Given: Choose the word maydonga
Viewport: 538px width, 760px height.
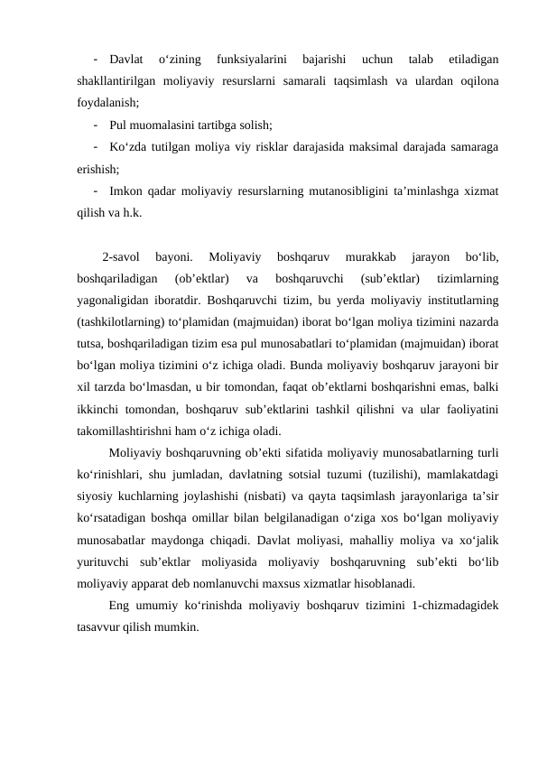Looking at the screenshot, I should [180, 540].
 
